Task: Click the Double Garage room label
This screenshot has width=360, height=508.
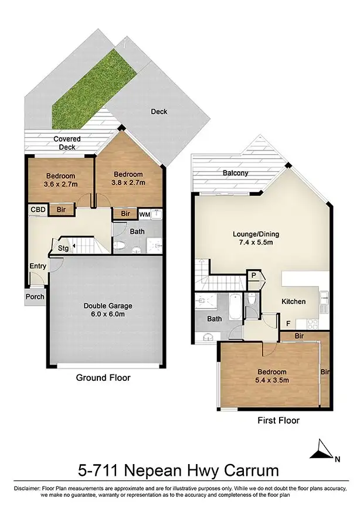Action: click(x=107, y=310)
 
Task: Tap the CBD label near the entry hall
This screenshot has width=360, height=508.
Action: click(x=38, y=209)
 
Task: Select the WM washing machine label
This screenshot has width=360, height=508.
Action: click(x=144, y=214)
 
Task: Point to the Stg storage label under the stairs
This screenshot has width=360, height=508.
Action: click(x=63, y=248)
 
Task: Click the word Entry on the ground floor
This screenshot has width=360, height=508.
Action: click(x=38, y=267)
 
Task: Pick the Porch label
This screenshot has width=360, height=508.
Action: click(x=35, y=296)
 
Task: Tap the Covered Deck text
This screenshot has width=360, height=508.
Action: click(x=67, y=143)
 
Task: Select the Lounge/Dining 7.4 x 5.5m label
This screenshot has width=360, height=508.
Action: click(x=256, y=238)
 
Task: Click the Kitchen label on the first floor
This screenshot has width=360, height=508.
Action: click(x=293, y=301)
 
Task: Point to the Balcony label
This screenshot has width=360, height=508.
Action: click(x=235, y=173)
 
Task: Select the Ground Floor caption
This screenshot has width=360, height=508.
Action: click(x=103, y=378)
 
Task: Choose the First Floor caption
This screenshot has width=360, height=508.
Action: click(x=279, y=420)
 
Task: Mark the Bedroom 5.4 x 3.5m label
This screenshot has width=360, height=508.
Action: click(x=270, y=376)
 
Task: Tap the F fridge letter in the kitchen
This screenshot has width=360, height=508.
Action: click(x=287, y=323)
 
